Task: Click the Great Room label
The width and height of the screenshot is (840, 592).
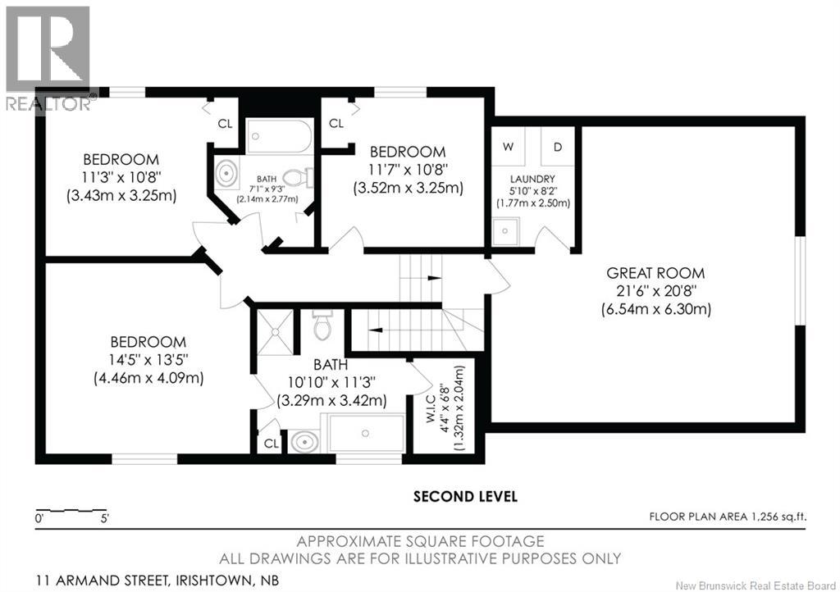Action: coord(655,273)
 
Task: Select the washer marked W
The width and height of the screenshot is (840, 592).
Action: coord(509,148)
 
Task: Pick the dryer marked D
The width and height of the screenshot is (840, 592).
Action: coord(558,148)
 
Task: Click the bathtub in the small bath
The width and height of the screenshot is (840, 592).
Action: coord(280,136)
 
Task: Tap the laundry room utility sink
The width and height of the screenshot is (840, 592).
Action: coord(506,232)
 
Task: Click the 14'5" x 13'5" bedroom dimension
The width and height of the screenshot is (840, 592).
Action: coord(149,360)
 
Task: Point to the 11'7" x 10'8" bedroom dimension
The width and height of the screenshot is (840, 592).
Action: coord(408,170)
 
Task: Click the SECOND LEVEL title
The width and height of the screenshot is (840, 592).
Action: coord(465,496)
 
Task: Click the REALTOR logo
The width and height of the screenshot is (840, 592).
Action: coord(49,57)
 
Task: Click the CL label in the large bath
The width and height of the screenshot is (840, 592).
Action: coord(269,444)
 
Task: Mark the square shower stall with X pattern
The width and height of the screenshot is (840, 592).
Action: coord(275,332)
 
